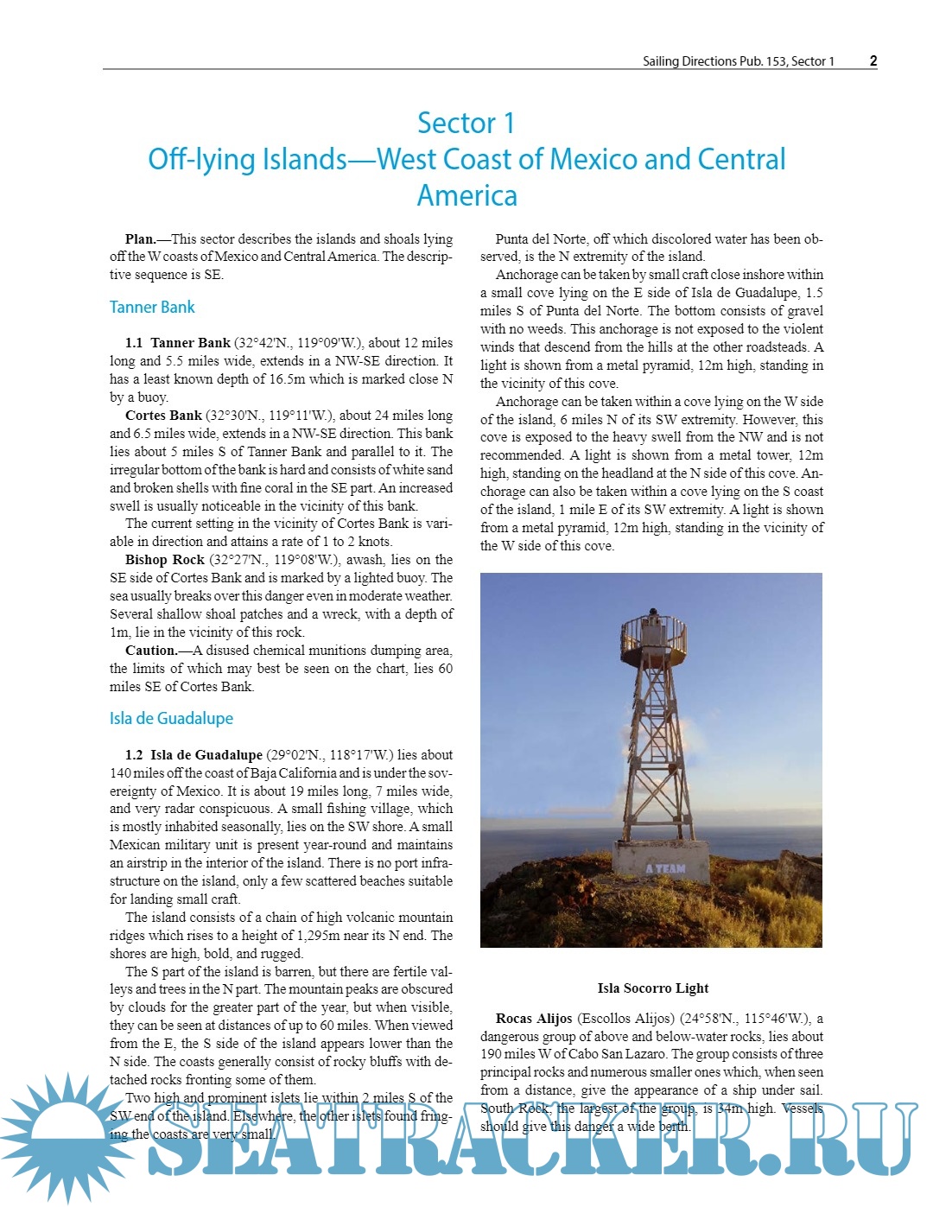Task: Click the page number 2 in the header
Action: coord(873,60)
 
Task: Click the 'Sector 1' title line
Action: coord(466,123)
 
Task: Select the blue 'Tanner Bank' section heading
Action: coord(152,307)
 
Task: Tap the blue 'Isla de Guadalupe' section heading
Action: coord(171,718)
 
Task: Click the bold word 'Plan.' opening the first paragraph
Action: coord(140,238)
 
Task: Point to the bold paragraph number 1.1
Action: coord(134,343)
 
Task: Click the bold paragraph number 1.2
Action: coord(134,754)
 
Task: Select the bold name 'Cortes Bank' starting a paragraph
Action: coord(163,415)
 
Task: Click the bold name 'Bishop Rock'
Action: coord(164,559)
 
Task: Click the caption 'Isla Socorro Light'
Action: coord(652,988)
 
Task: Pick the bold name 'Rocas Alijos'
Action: coord(533,1018)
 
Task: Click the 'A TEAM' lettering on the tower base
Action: coord(665,868)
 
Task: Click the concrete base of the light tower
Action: coord(661,864)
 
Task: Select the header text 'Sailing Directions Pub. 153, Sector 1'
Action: coord(738,61)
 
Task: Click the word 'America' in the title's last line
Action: coord(466,195)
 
